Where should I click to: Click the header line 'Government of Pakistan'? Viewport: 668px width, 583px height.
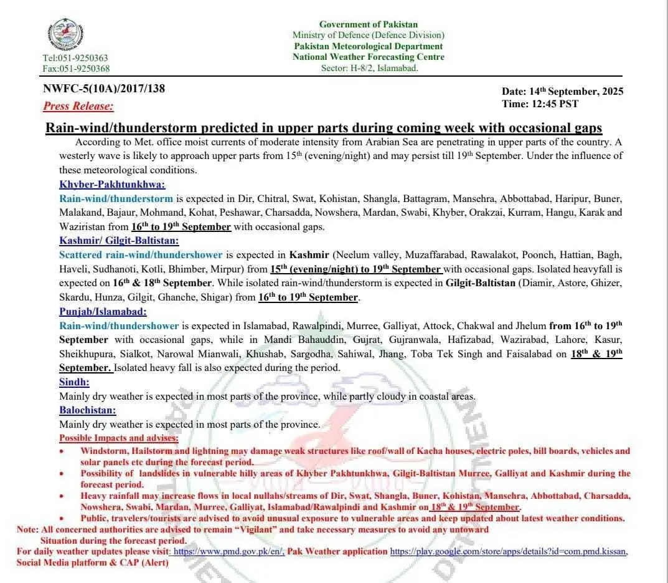coord(369,24)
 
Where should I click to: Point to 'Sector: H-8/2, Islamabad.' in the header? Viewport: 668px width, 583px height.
coord(369,68)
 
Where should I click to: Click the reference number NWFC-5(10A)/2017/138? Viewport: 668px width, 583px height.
coord(104,89)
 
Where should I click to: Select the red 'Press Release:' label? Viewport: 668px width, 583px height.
coord(78,106)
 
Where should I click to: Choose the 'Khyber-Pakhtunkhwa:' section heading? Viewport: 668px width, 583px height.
coord(112,185)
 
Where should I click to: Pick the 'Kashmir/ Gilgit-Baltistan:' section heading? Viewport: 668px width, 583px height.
coord(119,240)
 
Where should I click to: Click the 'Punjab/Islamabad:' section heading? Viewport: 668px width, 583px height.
coord(103,311)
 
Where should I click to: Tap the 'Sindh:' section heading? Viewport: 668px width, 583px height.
coord(74,382)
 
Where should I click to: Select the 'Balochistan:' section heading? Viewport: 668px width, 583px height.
coord(87,410)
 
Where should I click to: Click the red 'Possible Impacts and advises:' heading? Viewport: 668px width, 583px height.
coord(118,438)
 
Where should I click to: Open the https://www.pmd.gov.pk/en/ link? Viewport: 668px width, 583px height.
coord(228,552)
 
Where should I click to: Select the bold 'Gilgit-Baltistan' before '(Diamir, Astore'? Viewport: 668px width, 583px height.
coord(481,283)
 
